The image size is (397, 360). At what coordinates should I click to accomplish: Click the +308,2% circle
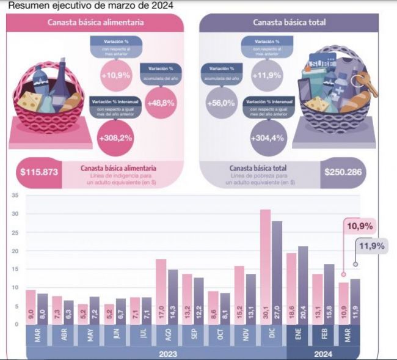click(x=115, y=139)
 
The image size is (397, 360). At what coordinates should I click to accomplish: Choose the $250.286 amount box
click(x=344, y=172)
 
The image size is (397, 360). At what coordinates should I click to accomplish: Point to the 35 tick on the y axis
click(x=15, y=196)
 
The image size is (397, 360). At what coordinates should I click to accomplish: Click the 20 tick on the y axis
click(x=15, y=251)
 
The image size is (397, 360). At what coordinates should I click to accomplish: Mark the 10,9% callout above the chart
click(x=360, y=226)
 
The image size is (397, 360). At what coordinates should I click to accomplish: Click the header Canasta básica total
click(x=290, y=23)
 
